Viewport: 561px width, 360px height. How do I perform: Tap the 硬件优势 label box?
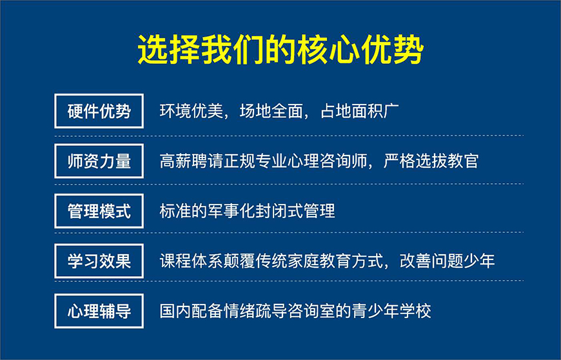click(x=99, y=111)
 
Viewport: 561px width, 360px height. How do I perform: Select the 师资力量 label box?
click(x=99, y=161)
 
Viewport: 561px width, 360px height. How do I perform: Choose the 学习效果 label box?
click(x=99, y=261)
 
